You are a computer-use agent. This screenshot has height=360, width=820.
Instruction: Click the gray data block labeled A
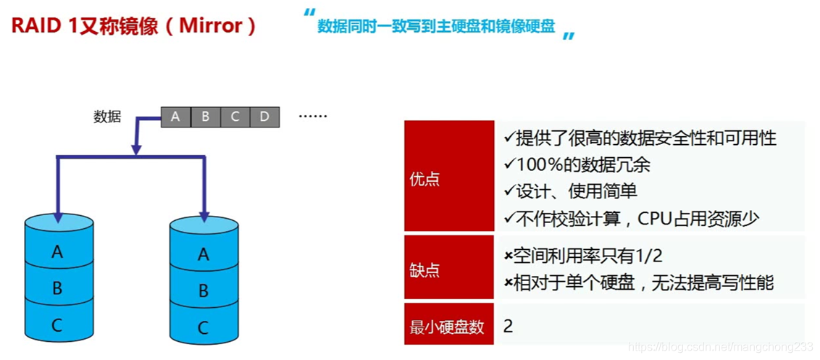pos(175,116)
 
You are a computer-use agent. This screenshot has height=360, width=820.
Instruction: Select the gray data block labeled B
pos(206,116)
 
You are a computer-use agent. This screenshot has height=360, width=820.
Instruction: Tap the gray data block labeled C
pos(235,116)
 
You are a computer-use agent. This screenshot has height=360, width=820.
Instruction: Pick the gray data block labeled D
pos(264,116)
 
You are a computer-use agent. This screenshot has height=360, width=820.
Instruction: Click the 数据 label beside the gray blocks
pos(107,117)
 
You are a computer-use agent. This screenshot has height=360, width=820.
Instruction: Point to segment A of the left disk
pos(57,252)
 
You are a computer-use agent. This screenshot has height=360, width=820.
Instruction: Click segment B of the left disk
pos(57,288)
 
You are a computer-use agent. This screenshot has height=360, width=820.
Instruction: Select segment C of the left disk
pos(57,325)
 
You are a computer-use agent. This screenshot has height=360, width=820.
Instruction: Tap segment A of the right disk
pos(204,254)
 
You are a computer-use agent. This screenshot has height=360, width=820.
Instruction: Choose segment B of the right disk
pos(204,290)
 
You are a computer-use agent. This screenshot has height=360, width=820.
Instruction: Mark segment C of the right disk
pos(204,327)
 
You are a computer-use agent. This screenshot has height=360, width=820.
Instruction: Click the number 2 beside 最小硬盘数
pos(508,326)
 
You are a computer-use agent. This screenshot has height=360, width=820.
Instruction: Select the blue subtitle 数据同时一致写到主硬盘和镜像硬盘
pos(436,27)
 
